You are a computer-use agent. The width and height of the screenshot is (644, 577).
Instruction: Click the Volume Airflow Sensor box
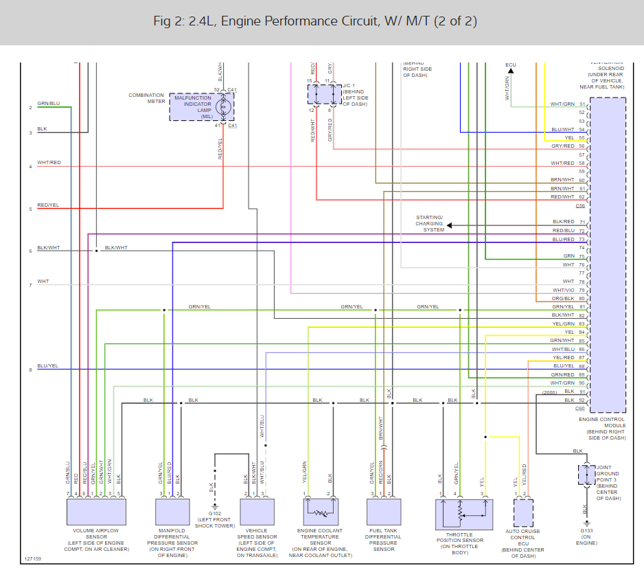pos(96,512)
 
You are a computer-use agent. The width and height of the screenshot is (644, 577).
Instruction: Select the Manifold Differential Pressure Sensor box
pos(172,512)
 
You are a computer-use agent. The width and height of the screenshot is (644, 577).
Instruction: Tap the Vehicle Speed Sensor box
pos(257,512)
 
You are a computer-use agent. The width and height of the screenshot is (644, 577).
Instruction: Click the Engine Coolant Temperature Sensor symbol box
pos(320,512)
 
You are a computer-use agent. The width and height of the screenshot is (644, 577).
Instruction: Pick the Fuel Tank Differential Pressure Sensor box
pos(384,512)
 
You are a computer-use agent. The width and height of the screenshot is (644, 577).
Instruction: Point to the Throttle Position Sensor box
pos(464,514)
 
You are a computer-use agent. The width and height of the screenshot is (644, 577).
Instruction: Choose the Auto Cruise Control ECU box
pos(523,512)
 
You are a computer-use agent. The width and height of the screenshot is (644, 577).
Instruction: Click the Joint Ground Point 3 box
pos(586,475)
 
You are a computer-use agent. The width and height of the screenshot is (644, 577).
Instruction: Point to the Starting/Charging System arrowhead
pos(450,225)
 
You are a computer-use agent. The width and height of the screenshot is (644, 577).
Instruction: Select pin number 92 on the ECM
pos(582,400)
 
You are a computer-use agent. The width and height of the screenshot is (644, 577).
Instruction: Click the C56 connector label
pos(580,206)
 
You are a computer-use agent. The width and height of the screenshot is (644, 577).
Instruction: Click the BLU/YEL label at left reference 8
pos(48,366)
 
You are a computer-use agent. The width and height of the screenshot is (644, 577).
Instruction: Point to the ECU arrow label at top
pos(510,65)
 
